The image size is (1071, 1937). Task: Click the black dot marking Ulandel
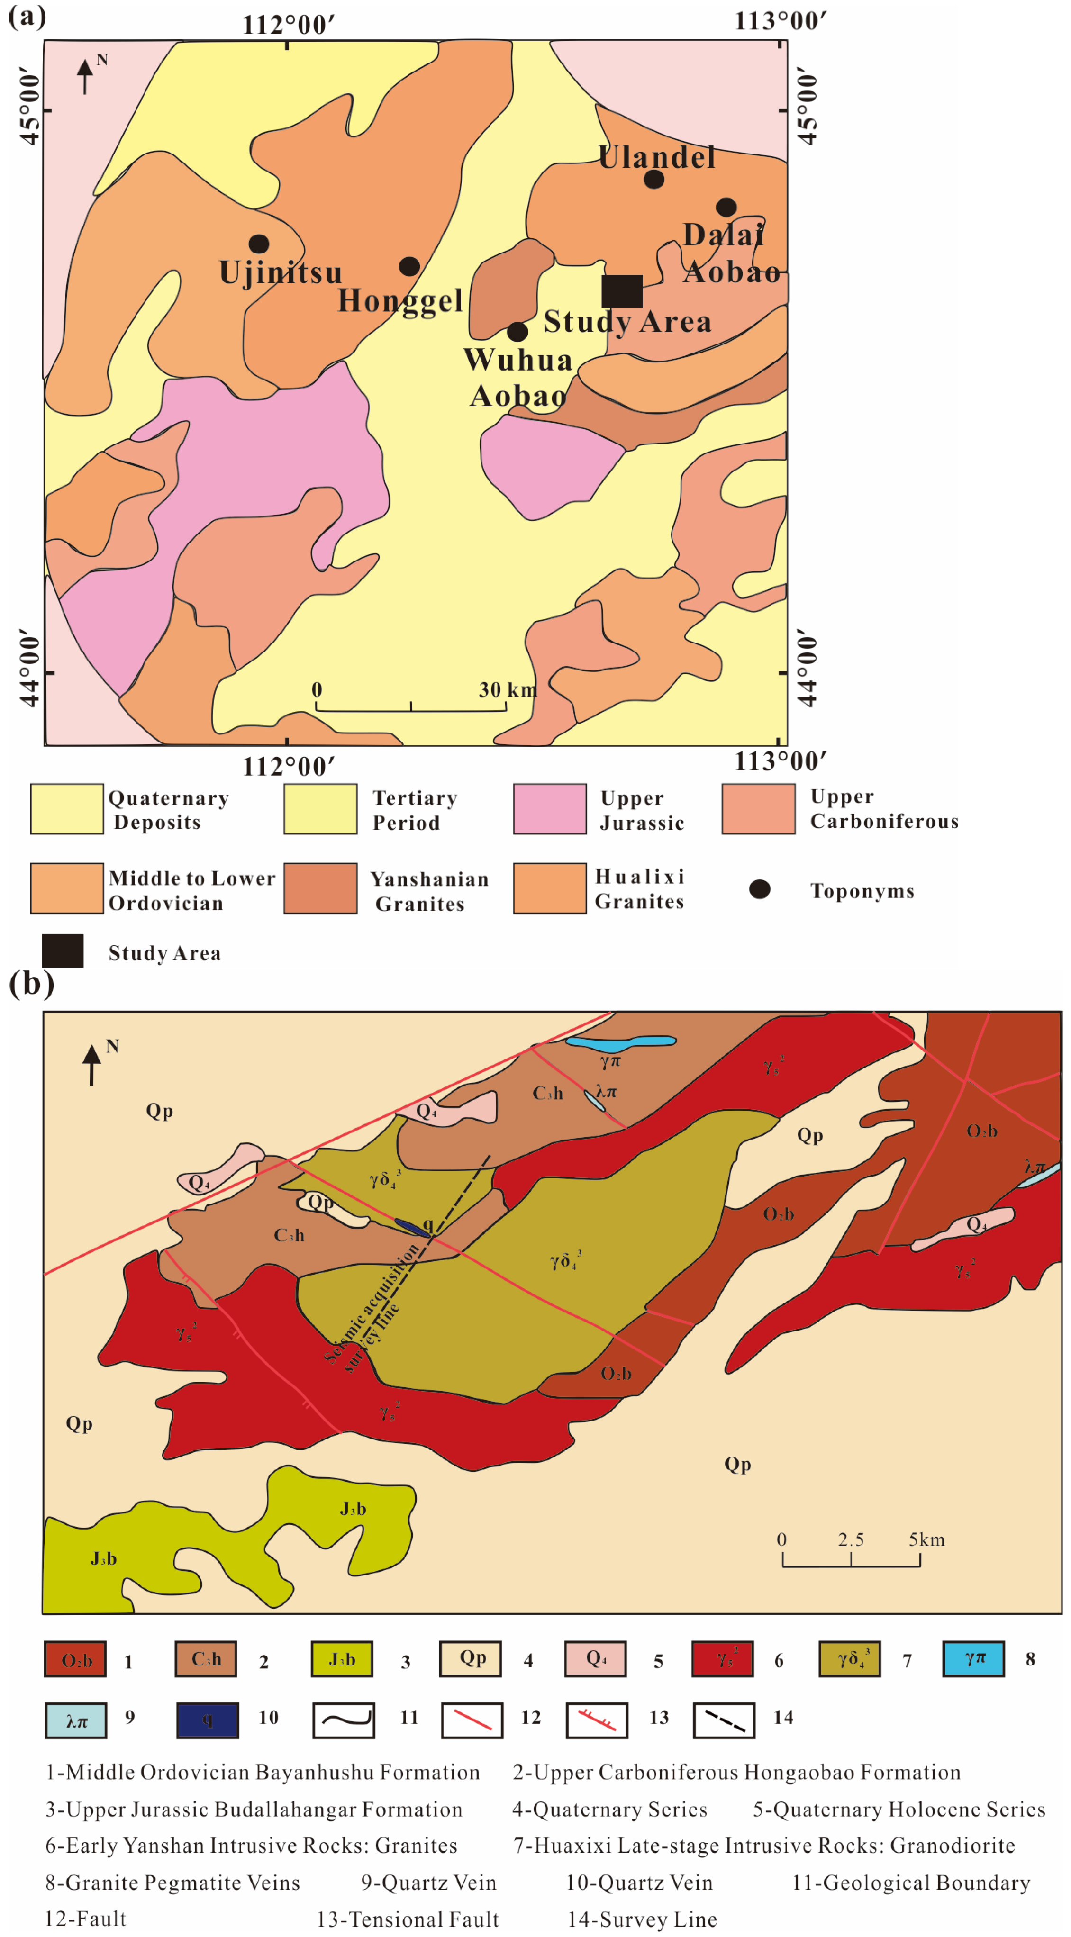pos(653,179)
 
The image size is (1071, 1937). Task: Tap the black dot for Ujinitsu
pos(259,244)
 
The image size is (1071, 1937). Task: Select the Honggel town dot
pos(409,266)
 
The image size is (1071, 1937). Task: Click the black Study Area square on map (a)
pos(622,291)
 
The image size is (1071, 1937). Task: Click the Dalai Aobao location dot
pos(726,207)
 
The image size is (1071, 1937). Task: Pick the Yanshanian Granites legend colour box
pos(320,888)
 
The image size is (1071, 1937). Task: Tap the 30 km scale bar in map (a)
pos(411,706)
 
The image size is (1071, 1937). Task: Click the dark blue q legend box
pos(208,1720)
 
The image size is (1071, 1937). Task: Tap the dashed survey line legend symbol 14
pos(724,1720)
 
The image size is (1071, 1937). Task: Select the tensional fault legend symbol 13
pos(597,1720)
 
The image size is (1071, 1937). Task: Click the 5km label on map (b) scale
pos(926,1539)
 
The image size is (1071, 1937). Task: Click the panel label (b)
pos(31,982)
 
